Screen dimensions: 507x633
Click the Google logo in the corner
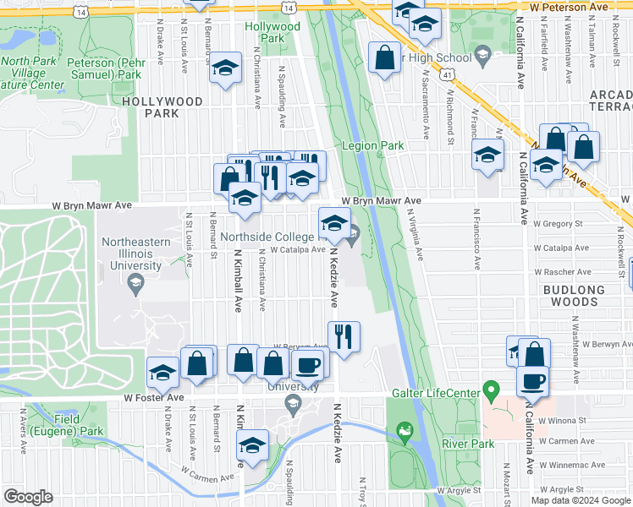pos(27,497)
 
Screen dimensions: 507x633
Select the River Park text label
pos(471,444)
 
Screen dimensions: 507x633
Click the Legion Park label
pos(372,146)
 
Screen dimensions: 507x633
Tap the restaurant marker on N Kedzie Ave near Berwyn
pos(344,335)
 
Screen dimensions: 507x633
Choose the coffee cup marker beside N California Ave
pos(532,380)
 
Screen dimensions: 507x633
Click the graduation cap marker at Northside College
pos(333,223)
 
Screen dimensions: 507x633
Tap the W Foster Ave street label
pos(153,397)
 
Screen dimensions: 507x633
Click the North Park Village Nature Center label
pos(33,73)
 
